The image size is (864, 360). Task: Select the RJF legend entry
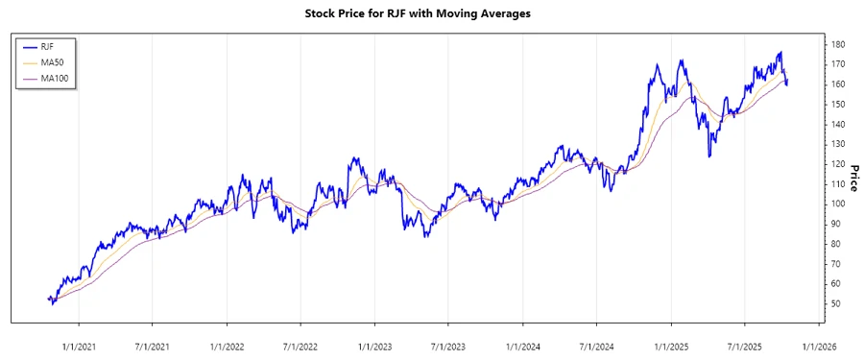(47, 47)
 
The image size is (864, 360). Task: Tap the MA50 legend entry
(51, 62)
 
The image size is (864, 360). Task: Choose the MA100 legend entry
(54, 78)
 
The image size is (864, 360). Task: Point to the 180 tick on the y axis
(838, 44)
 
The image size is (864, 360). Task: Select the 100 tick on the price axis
(838, 204)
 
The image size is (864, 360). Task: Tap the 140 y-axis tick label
(838, 124)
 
